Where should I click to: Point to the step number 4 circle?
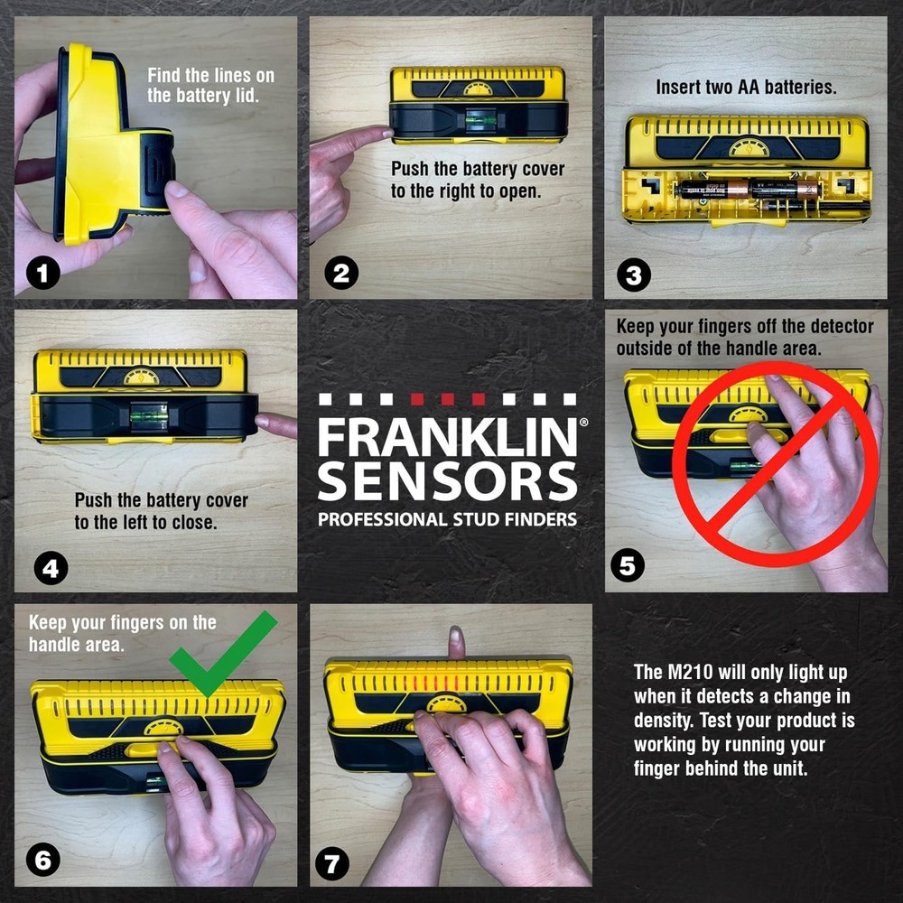point(51,569)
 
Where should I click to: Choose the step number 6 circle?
point(43,861)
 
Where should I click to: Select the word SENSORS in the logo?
point(447,481)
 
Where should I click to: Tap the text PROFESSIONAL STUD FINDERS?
point(447,519)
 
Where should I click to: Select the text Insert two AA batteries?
point(746,88)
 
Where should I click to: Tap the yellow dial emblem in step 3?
point(749,147)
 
